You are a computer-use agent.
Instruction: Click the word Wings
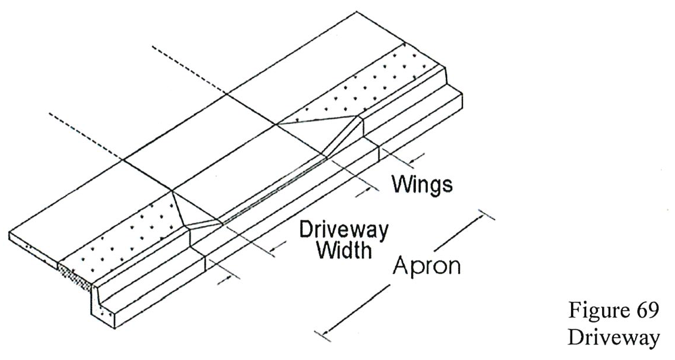coord(422,184)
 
